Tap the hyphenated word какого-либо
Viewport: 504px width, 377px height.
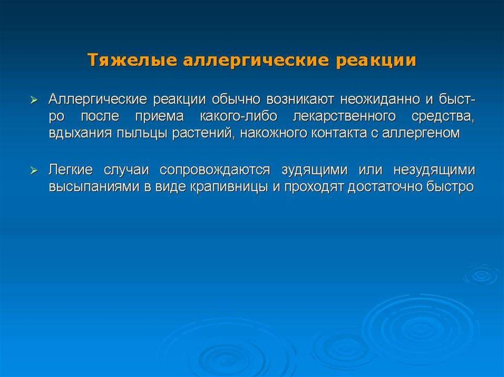238,116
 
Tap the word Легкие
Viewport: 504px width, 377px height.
71,170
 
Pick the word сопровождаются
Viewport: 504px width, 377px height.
215,170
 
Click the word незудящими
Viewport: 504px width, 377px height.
434,170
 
